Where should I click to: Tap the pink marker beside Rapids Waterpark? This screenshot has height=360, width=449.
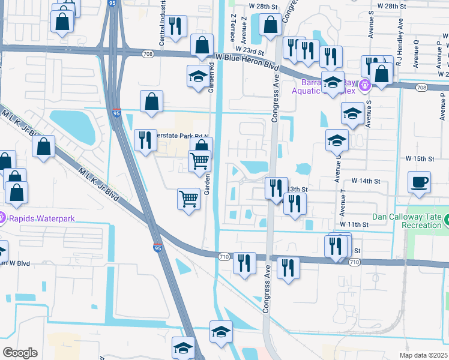tap(2, 218)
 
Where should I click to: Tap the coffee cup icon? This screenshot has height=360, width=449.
tap(420, 181)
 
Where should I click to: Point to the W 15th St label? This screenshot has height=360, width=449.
tap(419, 158)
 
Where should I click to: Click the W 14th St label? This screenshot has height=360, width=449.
tap(366, 181)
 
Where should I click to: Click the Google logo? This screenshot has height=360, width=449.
tap(20, 353)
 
